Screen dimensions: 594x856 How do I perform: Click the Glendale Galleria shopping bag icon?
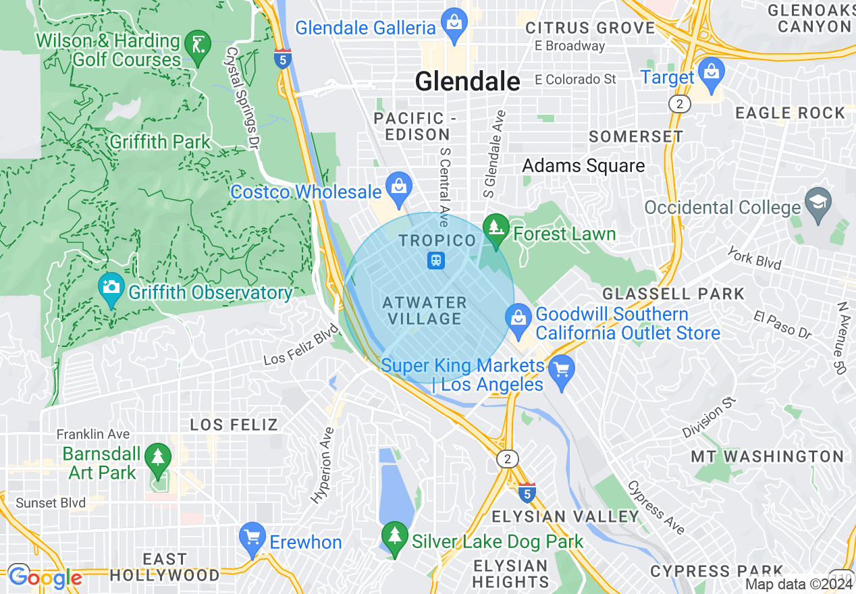point(454,25)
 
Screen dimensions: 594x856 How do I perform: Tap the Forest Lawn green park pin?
point(496,230)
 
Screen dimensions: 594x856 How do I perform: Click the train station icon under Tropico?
point(436,260)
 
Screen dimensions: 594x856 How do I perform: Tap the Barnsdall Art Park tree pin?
point(158,458)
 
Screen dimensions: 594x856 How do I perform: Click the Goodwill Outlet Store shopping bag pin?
point(518,320)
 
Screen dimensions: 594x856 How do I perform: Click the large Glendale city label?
point(467,82)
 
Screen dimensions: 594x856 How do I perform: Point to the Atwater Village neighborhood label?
point(424,310)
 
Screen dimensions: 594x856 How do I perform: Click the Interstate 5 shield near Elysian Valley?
point(527,493)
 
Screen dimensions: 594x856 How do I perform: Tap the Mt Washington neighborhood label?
point(768,456)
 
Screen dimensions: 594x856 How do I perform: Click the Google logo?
point(45,578)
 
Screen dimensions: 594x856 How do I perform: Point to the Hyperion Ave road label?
point(323,466)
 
